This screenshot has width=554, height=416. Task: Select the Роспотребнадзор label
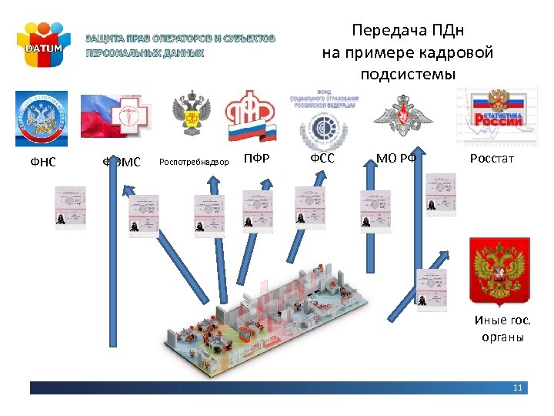coord(194,162)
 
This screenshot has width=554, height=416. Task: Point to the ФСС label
coord(322,159)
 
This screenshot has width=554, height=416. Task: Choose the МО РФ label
coord(396,159)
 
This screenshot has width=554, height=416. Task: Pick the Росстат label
coord(492,159)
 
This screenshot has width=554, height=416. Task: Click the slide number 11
coord(518,387)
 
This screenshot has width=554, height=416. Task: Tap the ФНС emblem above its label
coord(42,119)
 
